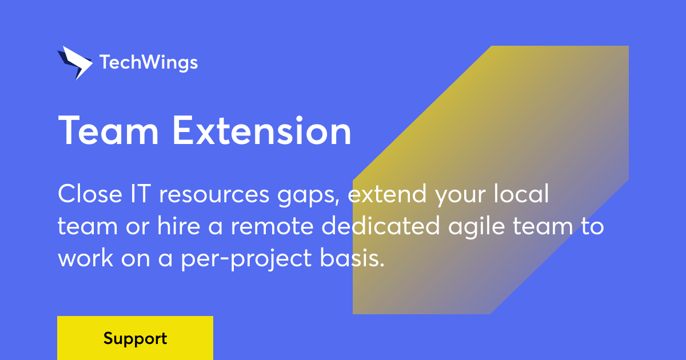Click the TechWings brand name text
coord(149,62)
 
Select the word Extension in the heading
coord(262,131)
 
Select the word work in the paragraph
coord(85,259)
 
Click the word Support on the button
coord(135,338)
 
